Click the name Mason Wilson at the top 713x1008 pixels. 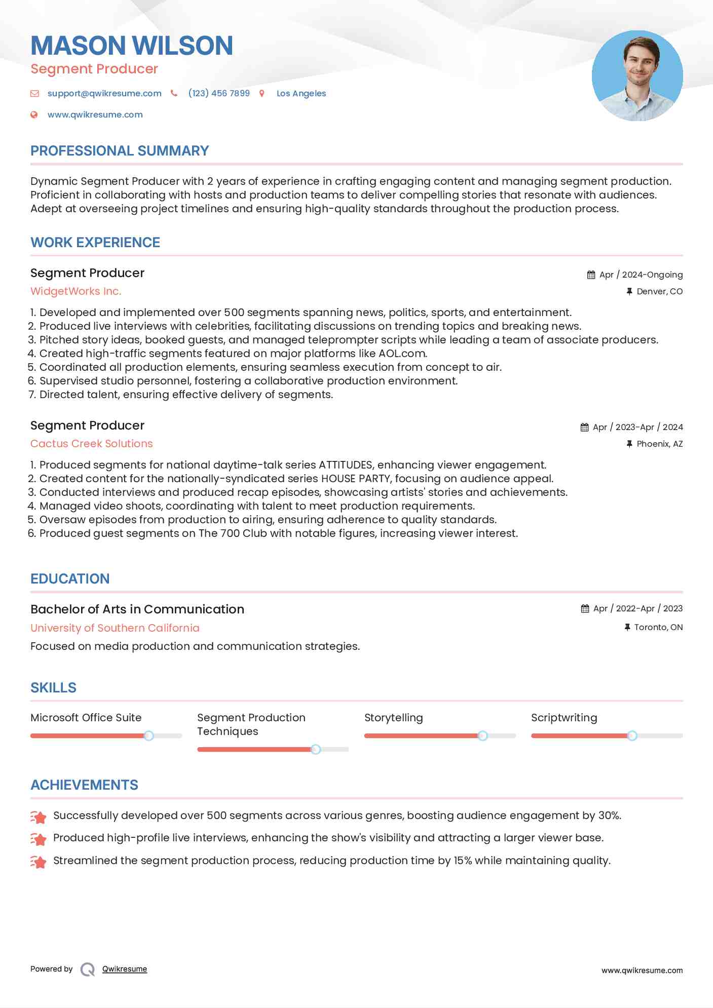click(x=132, y=46)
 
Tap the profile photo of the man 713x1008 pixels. click(x=637, y=75)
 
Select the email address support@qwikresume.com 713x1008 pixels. click(x=104, y=93)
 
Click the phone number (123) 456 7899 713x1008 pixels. click(x=219, y=93)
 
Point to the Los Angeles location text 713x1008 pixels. click(x=301, y=93)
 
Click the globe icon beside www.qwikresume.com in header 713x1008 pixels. click(x=34, y=114)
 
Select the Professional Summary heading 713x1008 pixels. click(x=120, y=151)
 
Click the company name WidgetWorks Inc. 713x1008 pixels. click(x=76, y=291)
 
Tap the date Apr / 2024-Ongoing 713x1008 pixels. click(x=641, y=275)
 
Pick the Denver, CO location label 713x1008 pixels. click(x=659, y=291)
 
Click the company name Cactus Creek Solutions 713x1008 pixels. click(x=92, y=444)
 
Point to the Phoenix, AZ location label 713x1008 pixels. click(x=659, y=444)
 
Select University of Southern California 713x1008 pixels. click(x=115, y=628)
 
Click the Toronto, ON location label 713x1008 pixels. click(x=658, y=627)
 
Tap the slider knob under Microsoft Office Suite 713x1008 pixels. click(x=148, y=735)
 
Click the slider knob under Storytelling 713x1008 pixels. click(x=482, y=735)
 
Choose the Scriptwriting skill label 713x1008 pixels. click(x=564, y=718)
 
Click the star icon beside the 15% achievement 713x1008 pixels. click(x=39, y=861)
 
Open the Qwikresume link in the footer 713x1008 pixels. click(x=125, y=969)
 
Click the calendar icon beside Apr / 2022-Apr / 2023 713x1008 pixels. click(x=585, y=608)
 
